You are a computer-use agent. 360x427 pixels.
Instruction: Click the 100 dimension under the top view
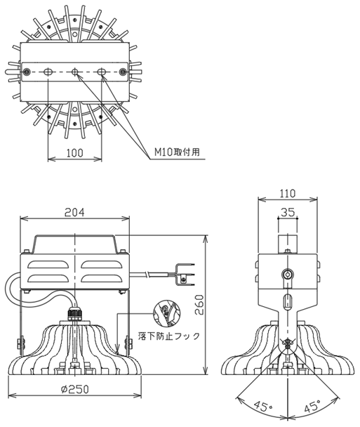[75, 152]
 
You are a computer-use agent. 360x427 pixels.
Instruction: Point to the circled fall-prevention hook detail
[165, 311]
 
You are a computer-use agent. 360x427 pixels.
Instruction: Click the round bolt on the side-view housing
[286, 274]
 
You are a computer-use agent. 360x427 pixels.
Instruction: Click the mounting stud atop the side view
[286, 243]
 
